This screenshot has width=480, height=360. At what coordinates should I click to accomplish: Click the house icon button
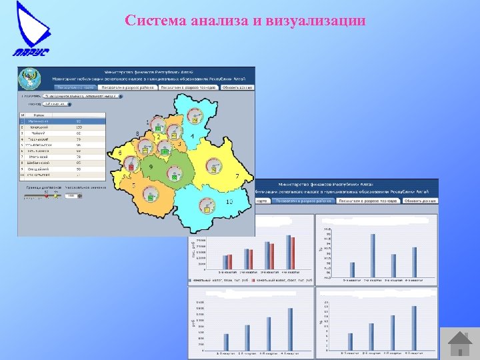pos(460,343)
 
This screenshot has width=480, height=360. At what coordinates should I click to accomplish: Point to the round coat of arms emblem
pos(30,77)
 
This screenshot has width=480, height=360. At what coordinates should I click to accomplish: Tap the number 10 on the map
pos(229,201)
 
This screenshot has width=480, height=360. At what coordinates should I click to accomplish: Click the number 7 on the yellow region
pos(237,175)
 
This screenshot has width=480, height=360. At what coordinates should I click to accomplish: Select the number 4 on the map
pos(192,137)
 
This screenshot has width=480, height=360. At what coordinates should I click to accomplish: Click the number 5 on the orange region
pos(133,185)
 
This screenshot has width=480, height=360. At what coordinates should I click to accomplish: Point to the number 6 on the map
pos(120,153)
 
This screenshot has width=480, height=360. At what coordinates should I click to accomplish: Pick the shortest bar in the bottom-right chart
pos(351,343)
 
